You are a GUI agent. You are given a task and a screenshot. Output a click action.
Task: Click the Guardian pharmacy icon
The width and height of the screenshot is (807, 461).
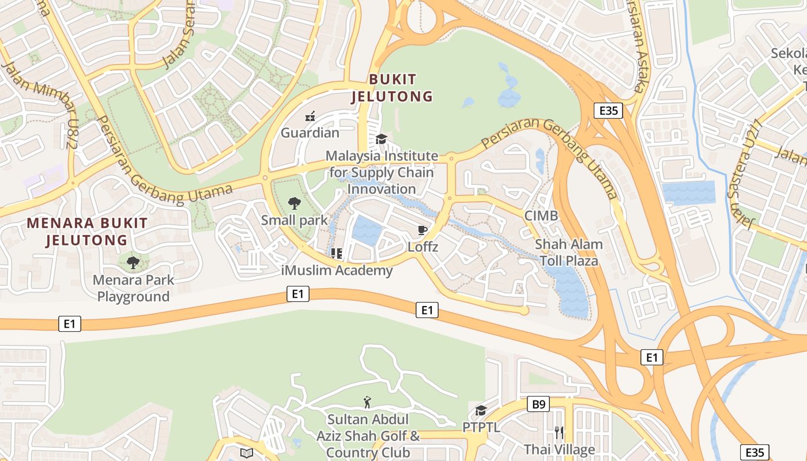tap(310, 116)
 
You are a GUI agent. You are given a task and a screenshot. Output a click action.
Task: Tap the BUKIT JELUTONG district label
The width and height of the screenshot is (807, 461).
tap(393, 88)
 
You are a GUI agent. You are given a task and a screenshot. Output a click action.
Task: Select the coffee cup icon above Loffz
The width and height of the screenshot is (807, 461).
tap(423, 231)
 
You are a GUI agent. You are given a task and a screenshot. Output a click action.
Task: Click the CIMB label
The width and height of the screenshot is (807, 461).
tap(541, 216)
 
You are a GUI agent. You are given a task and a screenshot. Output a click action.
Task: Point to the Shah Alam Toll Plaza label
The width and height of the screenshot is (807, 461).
tap(569, 252)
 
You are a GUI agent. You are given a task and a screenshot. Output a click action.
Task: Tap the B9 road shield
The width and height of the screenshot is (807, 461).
tap(538, 405)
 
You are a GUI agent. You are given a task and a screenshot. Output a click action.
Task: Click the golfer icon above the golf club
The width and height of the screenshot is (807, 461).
tap(367, 402)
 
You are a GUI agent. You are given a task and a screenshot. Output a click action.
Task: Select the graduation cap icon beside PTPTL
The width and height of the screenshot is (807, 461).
tap(481, 410)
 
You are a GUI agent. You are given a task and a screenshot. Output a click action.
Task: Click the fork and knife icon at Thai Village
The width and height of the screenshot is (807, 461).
tap(559, 432)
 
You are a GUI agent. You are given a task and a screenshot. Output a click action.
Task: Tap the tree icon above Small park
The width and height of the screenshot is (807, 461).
tap(295, 203)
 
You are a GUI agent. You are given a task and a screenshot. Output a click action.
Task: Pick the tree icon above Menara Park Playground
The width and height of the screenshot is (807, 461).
tap(133, 263)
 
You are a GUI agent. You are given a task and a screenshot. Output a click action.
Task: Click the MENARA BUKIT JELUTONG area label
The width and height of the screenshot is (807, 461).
tap(87, 231)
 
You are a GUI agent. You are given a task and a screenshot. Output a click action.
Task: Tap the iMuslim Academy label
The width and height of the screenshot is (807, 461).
tap(337, 270)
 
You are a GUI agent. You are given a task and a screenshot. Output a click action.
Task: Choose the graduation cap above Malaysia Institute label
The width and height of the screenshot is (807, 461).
tap(381, 139)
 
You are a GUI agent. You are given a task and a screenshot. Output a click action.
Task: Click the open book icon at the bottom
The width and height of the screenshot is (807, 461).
tap(247, 453)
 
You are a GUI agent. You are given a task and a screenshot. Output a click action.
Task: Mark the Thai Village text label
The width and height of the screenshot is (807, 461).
tap(559, 449)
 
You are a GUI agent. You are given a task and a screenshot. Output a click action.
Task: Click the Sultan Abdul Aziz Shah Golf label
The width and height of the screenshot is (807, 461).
tap(368, 436)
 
